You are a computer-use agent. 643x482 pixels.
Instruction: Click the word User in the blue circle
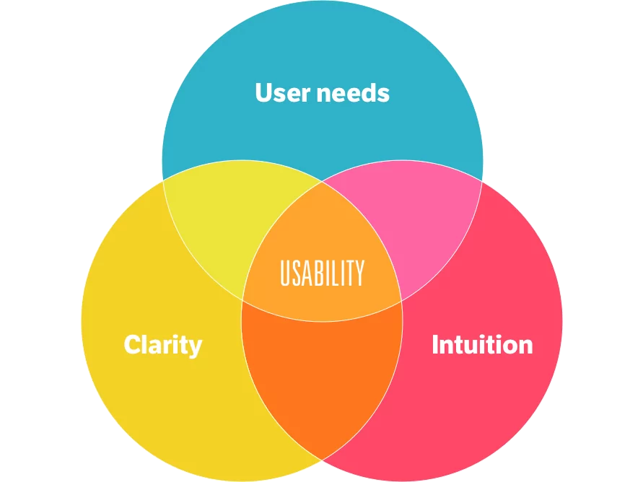(283, 92)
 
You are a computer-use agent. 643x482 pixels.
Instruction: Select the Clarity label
(163, 345)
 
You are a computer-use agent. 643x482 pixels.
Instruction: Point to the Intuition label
(482, 344)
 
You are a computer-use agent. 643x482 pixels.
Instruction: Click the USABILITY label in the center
(323, 273)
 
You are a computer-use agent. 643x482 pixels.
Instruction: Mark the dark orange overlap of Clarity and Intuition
(322, 369)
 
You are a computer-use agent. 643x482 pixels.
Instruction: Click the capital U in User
(265, 92)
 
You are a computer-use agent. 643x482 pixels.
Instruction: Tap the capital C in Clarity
(133, 344)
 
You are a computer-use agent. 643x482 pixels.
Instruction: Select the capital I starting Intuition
(435, 344)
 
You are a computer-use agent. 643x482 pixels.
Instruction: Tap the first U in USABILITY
(285, 273)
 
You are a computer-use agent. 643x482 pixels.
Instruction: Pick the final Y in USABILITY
(359, 273)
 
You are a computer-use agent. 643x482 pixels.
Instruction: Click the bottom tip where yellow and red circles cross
(322, 460)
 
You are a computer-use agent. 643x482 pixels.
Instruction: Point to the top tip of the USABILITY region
(322, 181)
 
